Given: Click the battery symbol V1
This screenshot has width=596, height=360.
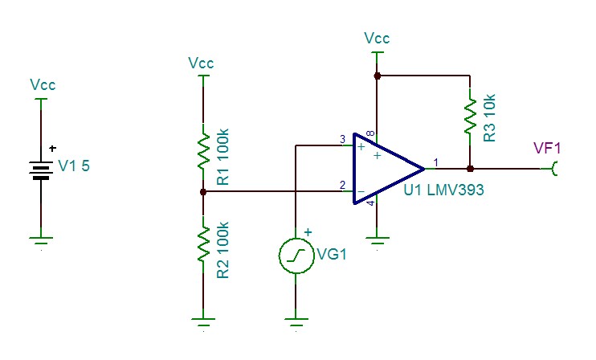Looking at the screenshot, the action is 41,170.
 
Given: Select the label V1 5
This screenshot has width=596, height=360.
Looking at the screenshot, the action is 74,166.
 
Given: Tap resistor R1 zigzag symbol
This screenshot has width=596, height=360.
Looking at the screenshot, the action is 203,151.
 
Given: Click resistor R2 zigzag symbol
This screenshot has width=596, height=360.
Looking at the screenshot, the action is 203,243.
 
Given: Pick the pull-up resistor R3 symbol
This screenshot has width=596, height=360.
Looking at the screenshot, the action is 470,116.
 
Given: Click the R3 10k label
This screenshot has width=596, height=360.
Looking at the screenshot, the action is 490,118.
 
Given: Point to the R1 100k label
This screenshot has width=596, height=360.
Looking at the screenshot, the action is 222,157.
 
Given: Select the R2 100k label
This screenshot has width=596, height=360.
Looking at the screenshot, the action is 222,250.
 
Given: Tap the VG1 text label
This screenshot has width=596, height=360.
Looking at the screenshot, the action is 332,254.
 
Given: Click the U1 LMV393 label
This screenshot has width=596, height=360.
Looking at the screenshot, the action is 443,190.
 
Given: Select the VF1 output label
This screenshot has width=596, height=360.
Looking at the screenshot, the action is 547,148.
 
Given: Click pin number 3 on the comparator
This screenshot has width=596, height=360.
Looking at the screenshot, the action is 342,140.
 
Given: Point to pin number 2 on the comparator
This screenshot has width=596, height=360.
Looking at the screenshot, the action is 342,185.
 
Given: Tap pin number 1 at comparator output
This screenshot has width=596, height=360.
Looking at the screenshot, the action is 436,162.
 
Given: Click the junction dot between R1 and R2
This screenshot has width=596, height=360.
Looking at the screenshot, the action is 203,192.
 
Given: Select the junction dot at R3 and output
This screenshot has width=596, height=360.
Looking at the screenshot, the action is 470,169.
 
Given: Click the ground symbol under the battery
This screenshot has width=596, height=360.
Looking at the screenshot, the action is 41,241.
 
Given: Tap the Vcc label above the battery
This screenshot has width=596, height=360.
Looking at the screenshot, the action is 43,84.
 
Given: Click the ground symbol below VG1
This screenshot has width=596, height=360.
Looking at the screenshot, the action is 296,322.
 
